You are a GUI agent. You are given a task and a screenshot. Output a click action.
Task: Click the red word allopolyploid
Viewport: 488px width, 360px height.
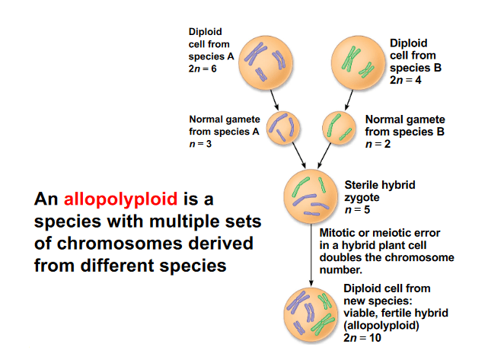coord(120,199)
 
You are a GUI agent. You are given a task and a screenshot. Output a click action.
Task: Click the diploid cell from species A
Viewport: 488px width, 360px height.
coord(266,62)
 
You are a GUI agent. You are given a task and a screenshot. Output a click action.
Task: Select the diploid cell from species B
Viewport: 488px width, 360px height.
coord(359,62)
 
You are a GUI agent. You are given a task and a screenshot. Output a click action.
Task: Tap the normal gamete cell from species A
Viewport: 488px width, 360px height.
coord(283,128)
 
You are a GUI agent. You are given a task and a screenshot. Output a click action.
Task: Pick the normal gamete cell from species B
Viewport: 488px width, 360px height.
coord(339,128)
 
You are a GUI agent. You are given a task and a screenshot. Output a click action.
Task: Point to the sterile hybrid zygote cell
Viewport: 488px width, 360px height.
coord(311,196)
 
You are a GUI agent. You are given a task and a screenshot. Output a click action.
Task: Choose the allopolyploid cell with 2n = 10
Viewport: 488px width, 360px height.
coord(311,315)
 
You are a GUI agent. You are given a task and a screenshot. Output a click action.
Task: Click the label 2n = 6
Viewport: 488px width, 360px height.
coord(203,68)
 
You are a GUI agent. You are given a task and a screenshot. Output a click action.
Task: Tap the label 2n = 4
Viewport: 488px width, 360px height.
coord(406,80)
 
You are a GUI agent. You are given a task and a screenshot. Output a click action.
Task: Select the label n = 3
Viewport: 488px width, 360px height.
coord(200,144)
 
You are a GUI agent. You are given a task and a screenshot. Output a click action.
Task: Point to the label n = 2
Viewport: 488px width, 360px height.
coord(378,144)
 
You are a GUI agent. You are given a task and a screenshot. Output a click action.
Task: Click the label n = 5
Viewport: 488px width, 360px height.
coord(358,210)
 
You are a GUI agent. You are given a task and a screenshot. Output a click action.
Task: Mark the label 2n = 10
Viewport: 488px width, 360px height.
coord(362,338)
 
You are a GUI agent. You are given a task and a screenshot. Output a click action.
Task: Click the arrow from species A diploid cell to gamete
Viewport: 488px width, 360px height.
coord(274,100)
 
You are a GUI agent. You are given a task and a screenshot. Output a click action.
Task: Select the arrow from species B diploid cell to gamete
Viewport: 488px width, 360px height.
coord(349,100)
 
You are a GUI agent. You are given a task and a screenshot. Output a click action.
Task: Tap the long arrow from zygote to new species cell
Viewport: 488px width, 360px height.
coord(311,255)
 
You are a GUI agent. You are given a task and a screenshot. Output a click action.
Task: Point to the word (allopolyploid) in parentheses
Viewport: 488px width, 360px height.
coord(381,326)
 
